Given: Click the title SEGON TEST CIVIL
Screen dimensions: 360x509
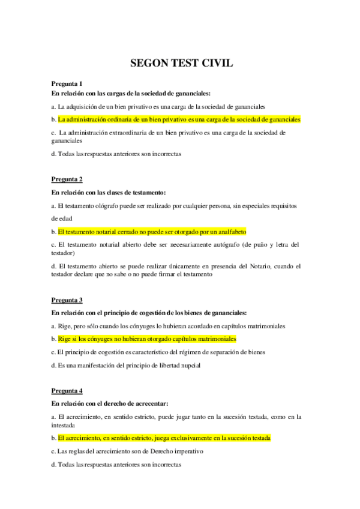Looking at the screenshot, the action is pyautogui.click(x=180, y=62).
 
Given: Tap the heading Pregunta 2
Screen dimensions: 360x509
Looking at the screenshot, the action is pyautogui.click(x=67, y=179).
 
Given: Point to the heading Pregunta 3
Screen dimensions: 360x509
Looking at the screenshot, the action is pyautogui.click(x=67, y=300).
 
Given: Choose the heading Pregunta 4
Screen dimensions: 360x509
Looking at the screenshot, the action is pyautogui.click(x=67, y=391).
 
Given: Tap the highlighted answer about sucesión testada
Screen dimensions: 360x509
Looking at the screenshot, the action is pyautogui.click(x=164, y=438).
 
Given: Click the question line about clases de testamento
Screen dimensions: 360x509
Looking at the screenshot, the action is pyautogui.click(x=109, y=192).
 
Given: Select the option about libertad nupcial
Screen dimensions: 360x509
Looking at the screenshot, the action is pyautogui.click(x=126, y=365).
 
